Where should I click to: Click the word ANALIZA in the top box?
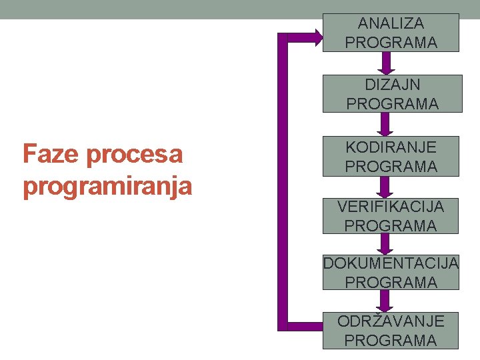391,23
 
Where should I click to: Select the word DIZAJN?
393,85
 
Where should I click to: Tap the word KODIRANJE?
391,146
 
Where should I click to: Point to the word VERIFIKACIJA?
391,207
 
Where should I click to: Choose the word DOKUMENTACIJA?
391,263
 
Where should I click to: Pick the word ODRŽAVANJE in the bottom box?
391,321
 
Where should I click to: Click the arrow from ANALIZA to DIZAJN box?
386,63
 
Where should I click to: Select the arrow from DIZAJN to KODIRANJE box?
386,125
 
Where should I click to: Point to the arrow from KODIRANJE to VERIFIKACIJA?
386,187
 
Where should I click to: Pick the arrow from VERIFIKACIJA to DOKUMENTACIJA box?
386,243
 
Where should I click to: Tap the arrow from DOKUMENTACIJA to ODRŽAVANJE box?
386,300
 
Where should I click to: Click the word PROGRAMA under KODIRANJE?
391,166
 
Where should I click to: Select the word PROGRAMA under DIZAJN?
393,104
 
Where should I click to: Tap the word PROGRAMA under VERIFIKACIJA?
391,225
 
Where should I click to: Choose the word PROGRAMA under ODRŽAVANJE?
391,340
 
